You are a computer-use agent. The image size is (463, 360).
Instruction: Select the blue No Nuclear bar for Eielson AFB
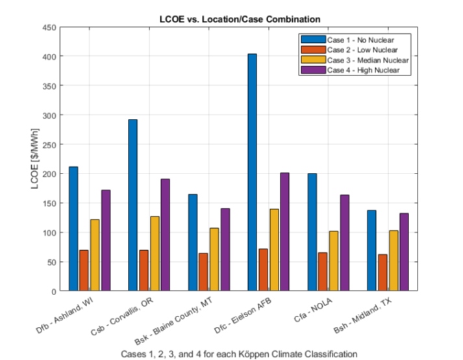click(x=252, y=172)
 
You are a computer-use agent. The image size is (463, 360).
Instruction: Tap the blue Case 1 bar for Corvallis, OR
click(x=132, y=205)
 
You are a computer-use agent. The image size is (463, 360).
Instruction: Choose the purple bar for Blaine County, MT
click(x=225, y=250)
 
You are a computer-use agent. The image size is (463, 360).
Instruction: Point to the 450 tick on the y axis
click(x=49, y=27)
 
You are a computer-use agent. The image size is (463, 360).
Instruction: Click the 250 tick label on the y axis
click(x=49, y=144)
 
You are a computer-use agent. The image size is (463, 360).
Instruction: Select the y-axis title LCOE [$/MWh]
click(x=36, y=159)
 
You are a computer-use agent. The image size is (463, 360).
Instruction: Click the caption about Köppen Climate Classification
click(x=239, y=353)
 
